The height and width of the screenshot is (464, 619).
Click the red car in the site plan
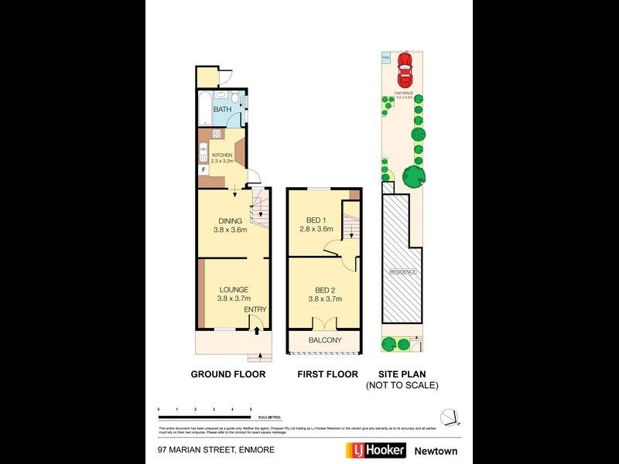tap(404, 70)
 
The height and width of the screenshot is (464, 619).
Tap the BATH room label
tap(222, 110)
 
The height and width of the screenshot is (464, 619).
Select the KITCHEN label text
tap(222, 155)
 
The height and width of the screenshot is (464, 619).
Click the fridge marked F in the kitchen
tap(203, 169)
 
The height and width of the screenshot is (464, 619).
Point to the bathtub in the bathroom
tap(204, 109)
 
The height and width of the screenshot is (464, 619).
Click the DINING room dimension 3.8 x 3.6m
tap(230, 230)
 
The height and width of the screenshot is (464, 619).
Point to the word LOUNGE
tap(232, 290)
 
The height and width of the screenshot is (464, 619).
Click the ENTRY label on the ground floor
tap(255, 310)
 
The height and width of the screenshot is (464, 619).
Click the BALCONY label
tap(325, 340)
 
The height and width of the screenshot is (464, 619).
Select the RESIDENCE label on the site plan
tap(402, 272)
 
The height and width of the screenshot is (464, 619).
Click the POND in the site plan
tap(385, 56)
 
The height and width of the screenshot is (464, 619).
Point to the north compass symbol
tap(452, 418)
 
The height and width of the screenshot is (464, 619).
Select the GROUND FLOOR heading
tap(228, 374)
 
